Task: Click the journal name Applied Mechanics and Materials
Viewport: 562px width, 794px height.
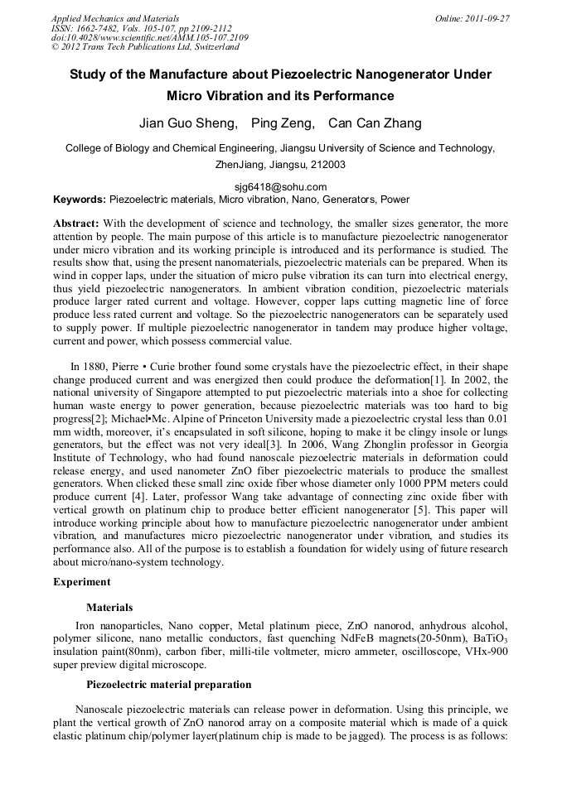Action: [115, 17]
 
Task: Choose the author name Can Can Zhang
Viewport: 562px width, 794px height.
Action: [375, 123]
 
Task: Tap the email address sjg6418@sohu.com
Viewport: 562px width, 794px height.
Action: [280, 187]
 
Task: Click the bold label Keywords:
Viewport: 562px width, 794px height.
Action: [79, 200]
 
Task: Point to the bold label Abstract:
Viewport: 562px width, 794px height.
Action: [76, 224]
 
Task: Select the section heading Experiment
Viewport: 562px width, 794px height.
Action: [82, 582]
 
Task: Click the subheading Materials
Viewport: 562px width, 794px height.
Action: [109, 607]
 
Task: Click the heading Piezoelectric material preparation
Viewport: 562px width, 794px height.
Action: [168, 685]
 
